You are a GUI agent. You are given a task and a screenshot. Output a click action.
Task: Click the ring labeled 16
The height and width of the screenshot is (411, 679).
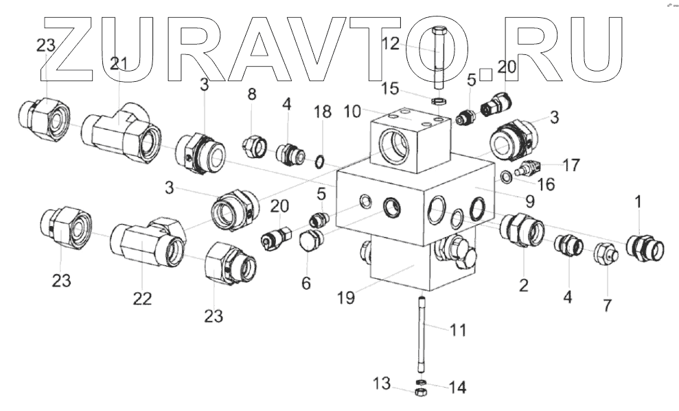coord(504,177)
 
